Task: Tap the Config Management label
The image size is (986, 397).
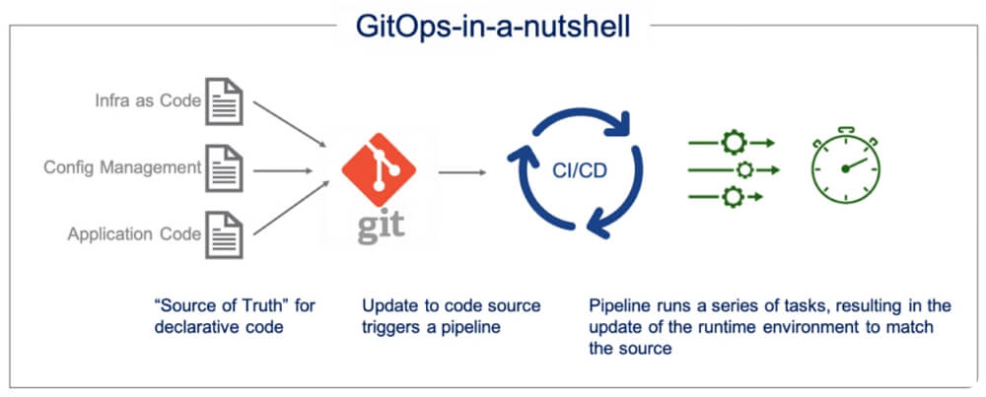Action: pos(122,166)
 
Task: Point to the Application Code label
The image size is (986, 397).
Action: pos(134,234)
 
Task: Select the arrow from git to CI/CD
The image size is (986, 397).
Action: pos(462,173)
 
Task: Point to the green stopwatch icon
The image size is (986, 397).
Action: pos(845,165)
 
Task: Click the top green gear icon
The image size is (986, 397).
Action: pos(734,143)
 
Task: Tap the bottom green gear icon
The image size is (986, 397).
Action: pos(734,196)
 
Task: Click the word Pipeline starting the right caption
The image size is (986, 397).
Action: pos(616,305)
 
